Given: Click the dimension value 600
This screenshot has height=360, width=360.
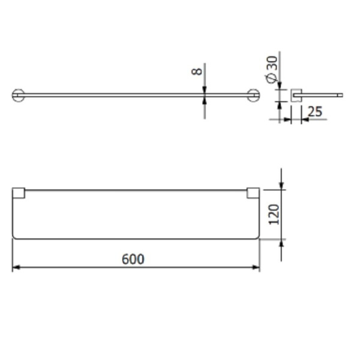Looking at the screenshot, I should click(x=133, y=259).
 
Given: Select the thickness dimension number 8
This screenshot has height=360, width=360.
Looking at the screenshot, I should click(x=196, y=71).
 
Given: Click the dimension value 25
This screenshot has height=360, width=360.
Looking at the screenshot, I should click(x=314, y=112).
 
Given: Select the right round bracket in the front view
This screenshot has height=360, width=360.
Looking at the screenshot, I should click(x=254, y=95).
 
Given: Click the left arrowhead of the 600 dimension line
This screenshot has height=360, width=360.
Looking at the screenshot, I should click(x=16, y=267).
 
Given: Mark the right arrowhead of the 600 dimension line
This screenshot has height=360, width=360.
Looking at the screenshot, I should click(x=257, y=267).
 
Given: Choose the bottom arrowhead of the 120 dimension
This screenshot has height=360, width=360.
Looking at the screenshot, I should click(x=281, y=242).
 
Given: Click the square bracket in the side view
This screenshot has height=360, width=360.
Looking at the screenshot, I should click(x=295, y=95).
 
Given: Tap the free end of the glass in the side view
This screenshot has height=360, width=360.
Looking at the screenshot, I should click(x=340, y=95).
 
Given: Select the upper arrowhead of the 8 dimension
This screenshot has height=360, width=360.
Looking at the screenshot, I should click(x=205, y=89).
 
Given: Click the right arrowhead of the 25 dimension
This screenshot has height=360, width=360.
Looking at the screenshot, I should click(x=304, y=119).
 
